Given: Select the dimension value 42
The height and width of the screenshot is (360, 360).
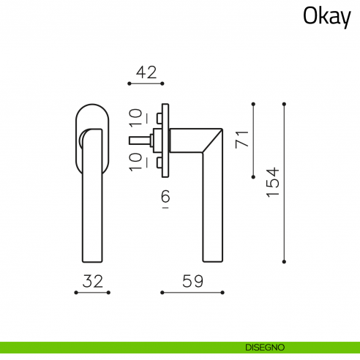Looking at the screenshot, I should [146, 72].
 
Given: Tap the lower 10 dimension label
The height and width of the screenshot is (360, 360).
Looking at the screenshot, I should [135, 161].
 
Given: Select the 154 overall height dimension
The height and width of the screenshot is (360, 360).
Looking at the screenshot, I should [272, 182].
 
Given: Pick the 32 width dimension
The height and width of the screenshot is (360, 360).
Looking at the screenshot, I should [91, 280].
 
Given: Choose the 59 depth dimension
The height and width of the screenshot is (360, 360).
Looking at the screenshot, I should [192, 280].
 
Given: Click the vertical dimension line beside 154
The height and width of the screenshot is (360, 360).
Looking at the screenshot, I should [284, 182].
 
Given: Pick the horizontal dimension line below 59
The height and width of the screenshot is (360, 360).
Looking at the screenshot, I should [192, 293].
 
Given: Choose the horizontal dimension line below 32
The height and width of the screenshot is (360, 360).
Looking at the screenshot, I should [91, 293].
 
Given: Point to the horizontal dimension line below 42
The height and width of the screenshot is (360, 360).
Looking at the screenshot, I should [146, 84].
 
